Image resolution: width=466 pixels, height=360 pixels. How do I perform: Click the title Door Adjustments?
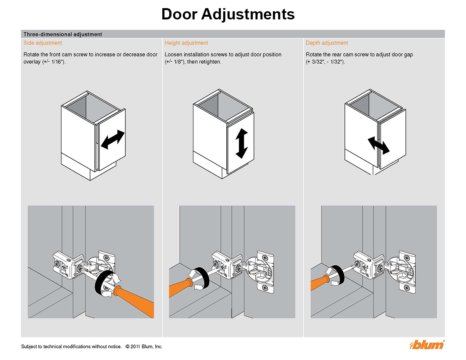pos(228,14)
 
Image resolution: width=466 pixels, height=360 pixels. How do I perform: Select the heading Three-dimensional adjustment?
pos(63,34)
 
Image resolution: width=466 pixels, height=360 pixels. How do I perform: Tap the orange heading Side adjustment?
pos(43,43)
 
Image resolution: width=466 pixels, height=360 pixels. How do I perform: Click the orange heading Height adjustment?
pos(186,43)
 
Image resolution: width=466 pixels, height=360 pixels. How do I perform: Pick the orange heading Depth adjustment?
pos(327,43)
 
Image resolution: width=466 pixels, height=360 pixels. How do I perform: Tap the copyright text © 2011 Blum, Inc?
pos(144,346)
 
